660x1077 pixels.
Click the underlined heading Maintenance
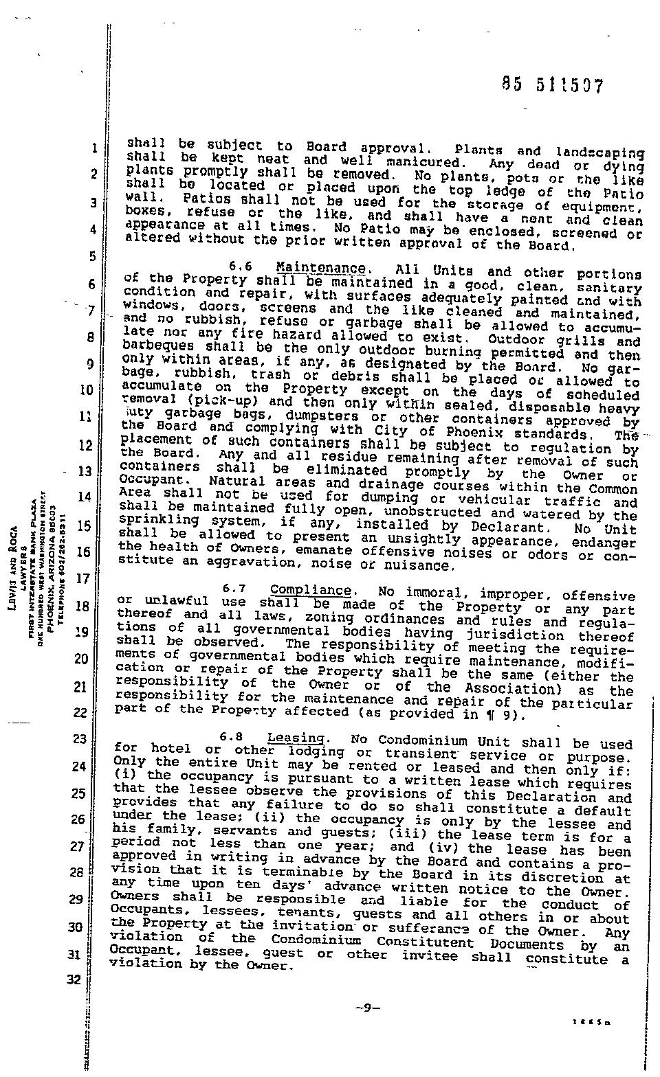(320, 268)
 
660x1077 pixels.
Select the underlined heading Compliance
(311, 590)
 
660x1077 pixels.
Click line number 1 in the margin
(93, 148)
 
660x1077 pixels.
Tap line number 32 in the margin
(74, 980)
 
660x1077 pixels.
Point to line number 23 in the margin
(79, 739)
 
